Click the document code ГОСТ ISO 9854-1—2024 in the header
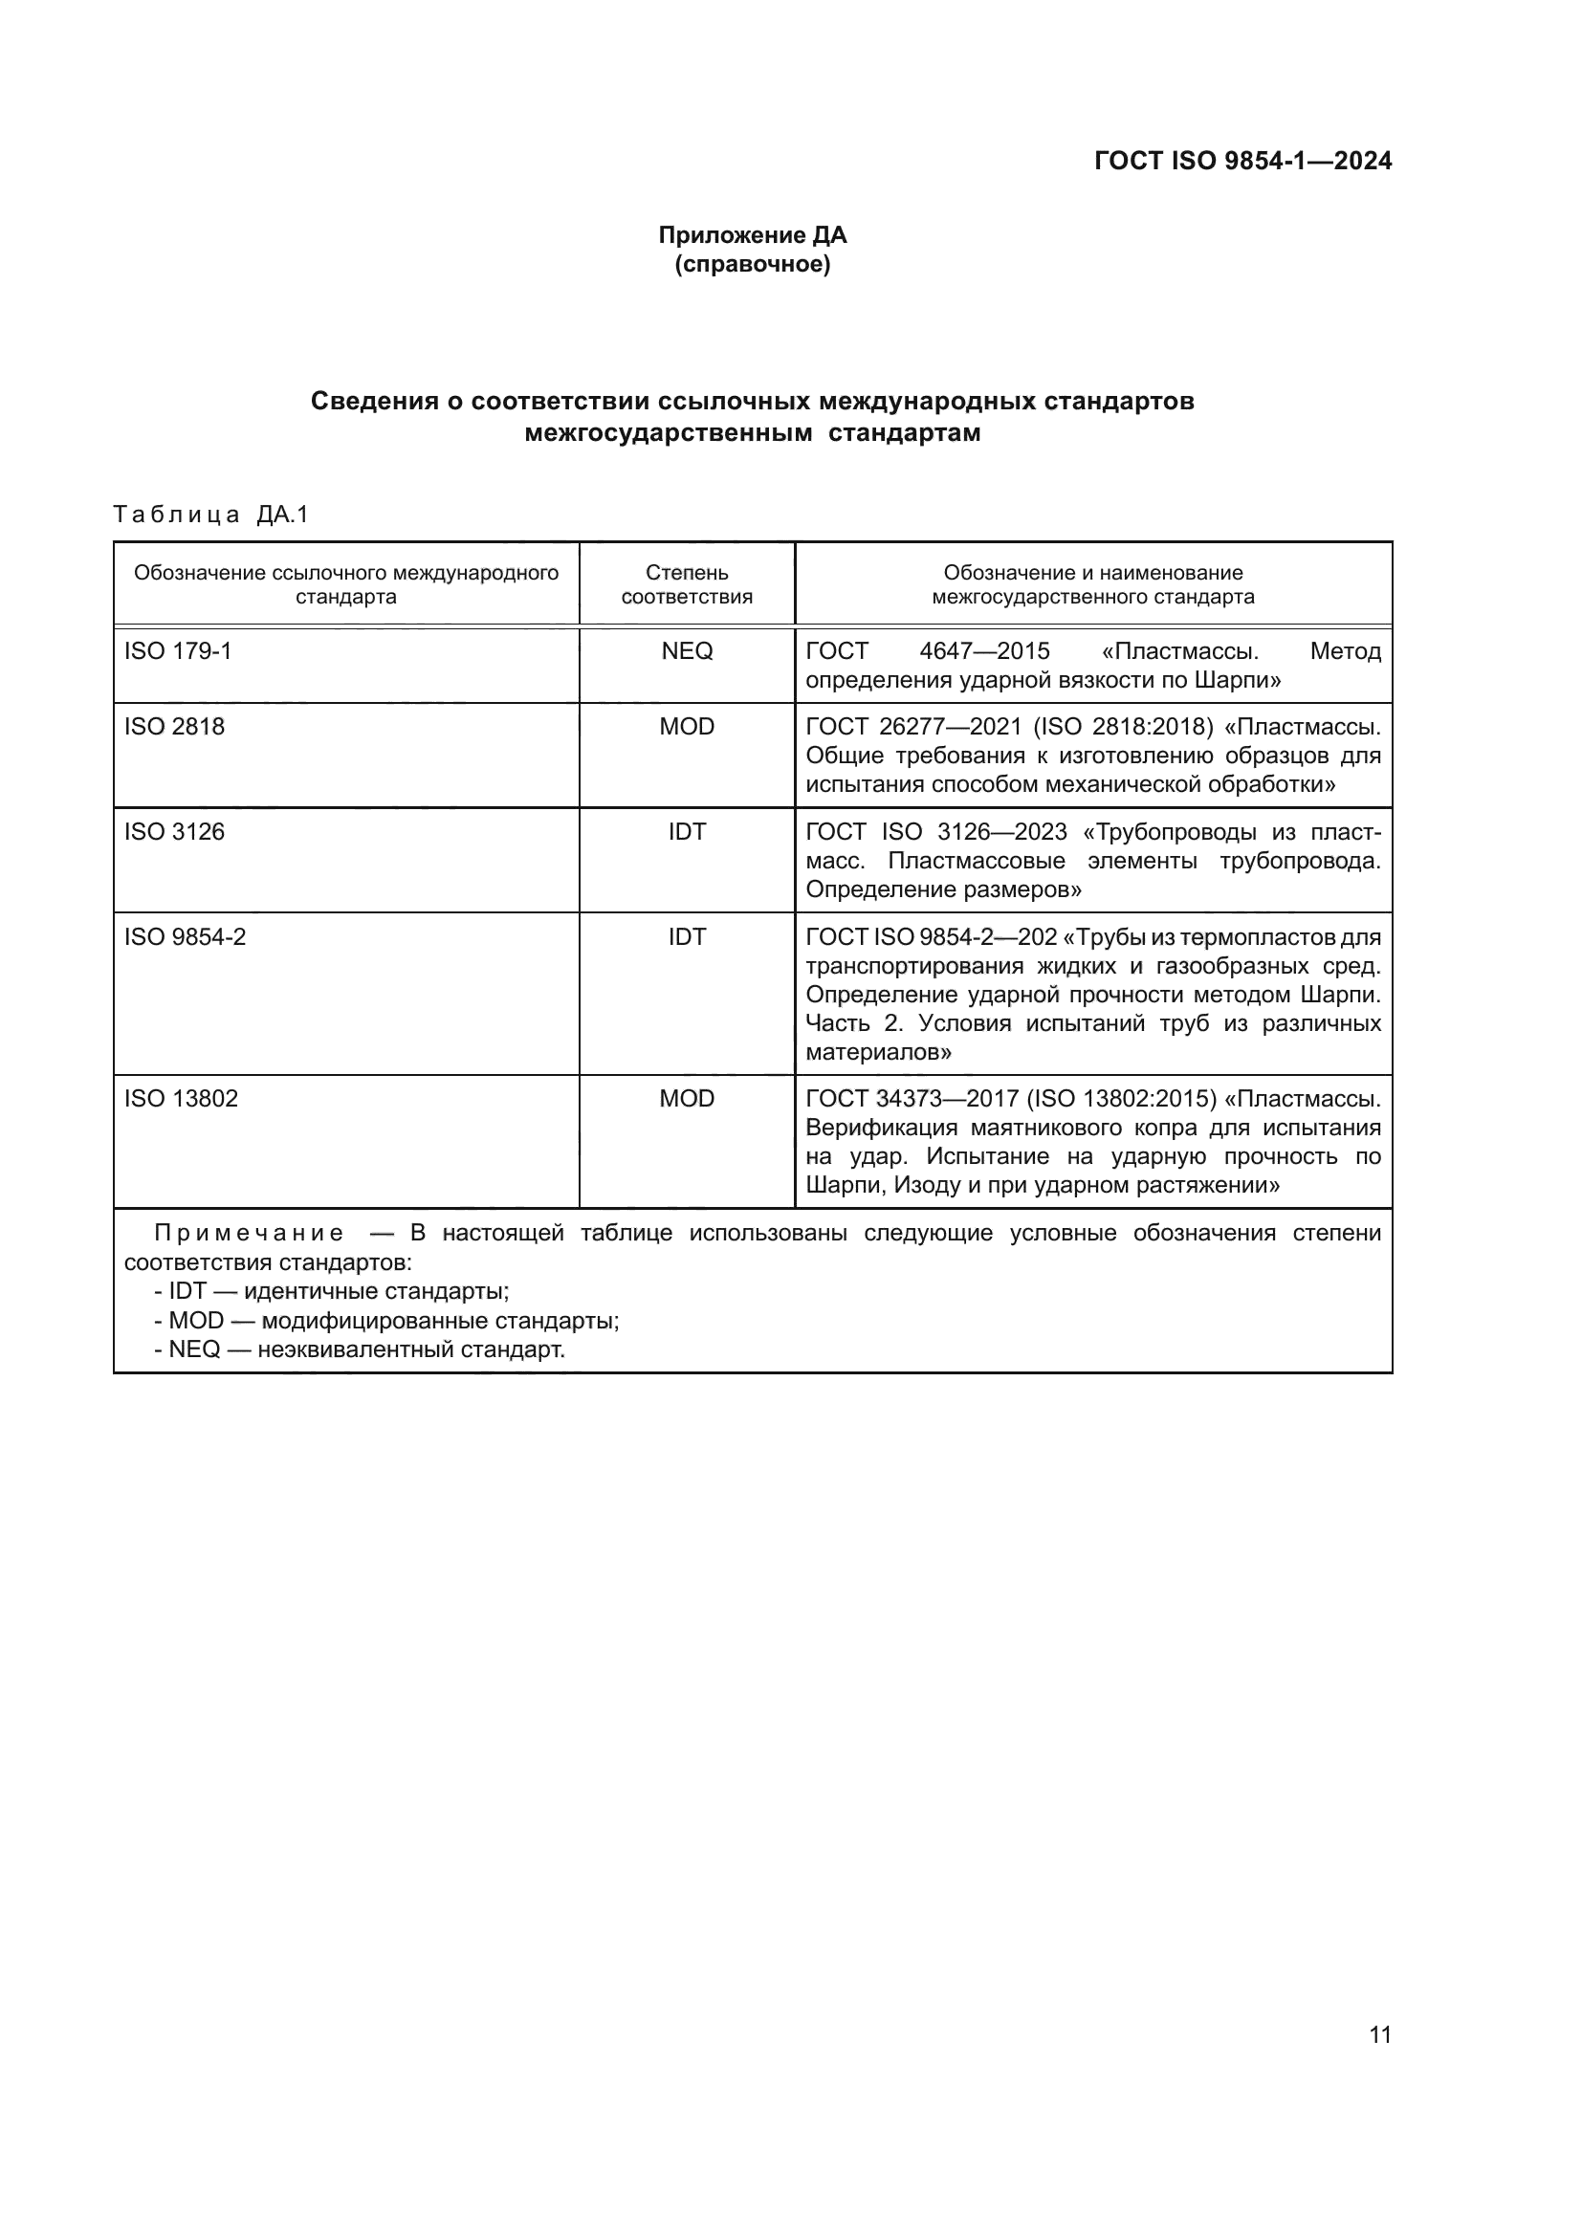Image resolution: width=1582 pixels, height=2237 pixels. [x=1242, y=161]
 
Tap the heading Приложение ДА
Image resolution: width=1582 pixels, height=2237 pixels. [x=752, y=235]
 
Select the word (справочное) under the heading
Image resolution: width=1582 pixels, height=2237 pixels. [x=752, y=264]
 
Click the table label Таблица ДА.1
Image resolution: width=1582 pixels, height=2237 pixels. [x=210, y=515]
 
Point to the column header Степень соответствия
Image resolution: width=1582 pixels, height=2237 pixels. [x=687, y=584]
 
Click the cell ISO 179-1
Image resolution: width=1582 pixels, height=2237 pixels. [x=178, y=651]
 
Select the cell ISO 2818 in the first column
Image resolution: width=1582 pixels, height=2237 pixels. [x=174, y=727]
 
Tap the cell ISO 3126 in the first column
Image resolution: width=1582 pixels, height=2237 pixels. [x=174, y=832]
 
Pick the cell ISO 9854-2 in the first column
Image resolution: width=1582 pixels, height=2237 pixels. [x=186, y=937]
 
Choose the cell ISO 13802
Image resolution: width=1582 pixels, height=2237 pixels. [x=181, y=1099]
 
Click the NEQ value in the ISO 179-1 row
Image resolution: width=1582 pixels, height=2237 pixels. [x=687, y=651]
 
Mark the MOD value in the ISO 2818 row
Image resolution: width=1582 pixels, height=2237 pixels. [x=687, y=727]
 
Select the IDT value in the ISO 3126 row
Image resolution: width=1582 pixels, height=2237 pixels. [x=687, y=832]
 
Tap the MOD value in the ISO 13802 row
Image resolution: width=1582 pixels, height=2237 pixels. [x=687, y=1099]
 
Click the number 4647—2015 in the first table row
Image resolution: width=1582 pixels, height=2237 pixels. [x=984, y=651]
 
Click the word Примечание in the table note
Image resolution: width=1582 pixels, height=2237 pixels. [x=249, y=1234]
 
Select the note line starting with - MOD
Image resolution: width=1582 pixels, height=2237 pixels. [x=386, y=1321]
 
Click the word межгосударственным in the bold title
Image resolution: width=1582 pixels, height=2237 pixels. [x=669, y=433]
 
